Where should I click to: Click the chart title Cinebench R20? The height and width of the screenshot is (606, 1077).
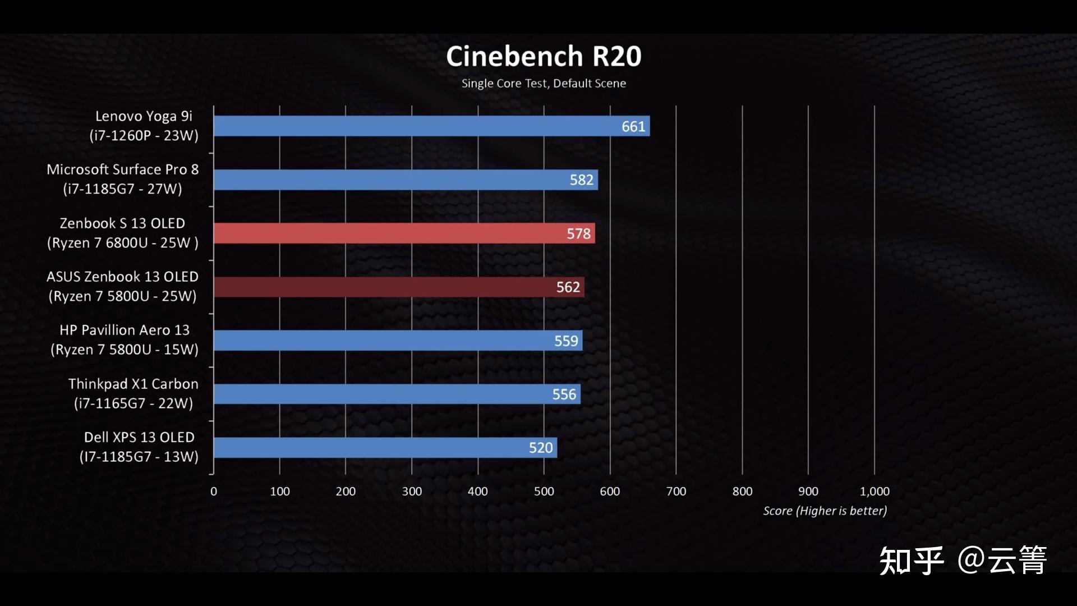click(x=543, y=57)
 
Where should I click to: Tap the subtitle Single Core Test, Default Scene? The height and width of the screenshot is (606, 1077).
click(x=543, y=84)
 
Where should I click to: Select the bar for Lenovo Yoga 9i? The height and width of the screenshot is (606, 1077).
click(x=415, y=126)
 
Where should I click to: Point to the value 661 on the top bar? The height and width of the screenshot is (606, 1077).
click(x=633, y=126)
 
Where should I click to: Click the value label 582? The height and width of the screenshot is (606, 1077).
click(x=581, y=180)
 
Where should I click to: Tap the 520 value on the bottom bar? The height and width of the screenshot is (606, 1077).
click(x=541, y=448)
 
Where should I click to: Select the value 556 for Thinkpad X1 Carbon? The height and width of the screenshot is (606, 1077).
click(x=564, y=394)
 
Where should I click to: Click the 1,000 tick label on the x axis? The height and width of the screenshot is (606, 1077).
click(x=875, y=492)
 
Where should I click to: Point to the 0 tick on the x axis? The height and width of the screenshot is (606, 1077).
click(x=214, y=492)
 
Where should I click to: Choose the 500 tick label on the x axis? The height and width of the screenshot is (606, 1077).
click(x=544, y=492)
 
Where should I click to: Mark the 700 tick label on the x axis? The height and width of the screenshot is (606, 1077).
click(x=676, y=492)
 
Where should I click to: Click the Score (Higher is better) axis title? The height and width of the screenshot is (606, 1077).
click(x=825, y=511)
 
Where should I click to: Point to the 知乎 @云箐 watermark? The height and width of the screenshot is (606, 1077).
click(x=963, y=560)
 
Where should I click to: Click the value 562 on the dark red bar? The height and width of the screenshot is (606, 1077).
click(x=568, y=287)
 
